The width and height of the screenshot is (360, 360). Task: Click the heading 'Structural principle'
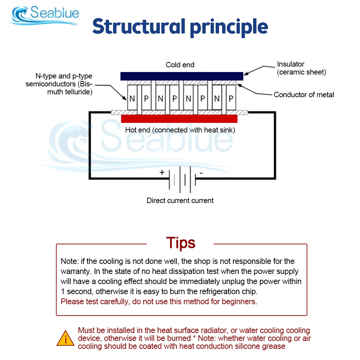coord(180,27)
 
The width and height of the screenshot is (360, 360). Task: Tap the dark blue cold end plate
coord(181,76)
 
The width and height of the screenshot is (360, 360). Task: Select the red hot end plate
coord(179,119)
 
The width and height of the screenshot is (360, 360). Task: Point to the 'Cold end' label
coord(180,65)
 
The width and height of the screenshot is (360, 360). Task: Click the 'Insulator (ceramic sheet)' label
coord(301,68)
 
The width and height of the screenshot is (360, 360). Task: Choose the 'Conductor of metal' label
coord(304,95)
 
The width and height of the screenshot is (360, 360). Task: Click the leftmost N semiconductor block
coord(132,98)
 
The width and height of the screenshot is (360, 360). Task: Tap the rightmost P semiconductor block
coord(231,98)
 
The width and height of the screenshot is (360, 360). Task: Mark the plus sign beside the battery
coord(162,172)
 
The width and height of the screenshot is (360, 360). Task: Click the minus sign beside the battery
coord(201,173)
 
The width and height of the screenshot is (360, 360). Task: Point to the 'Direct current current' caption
coord(180,201)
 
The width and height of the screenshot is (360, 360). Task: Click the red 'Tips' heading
coord(181,243)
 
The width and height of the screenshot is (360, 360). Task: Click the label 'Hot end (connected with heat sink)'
coord(180,130)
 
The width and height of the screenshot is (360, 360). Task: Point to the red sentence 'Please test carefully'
coord(159,301)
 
